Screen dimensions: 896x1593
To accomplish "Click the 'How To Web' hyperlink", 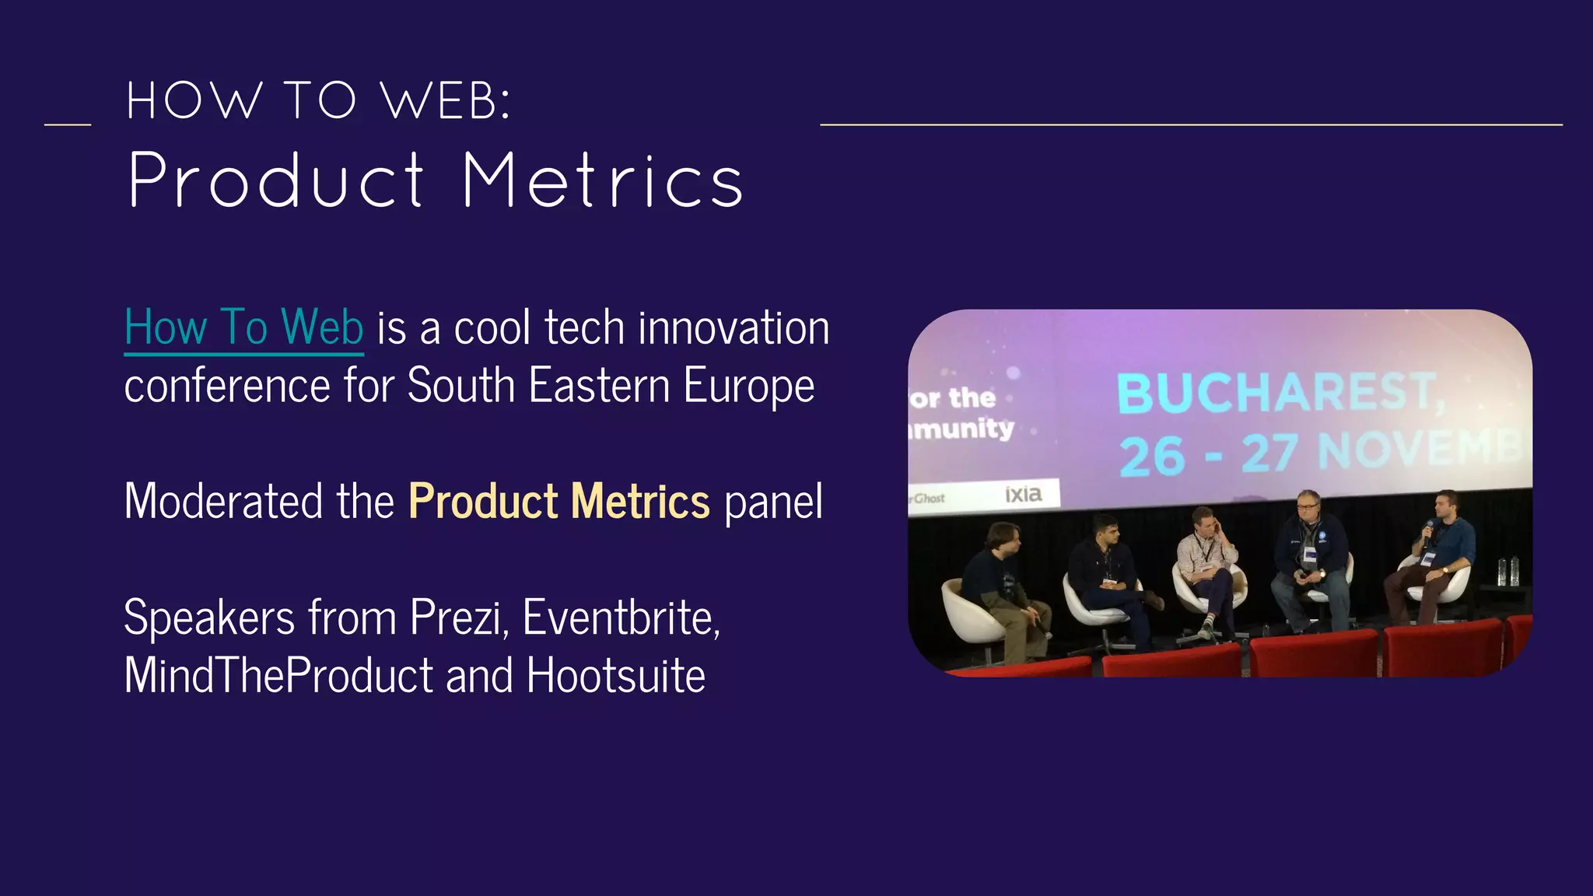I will tap(243, 327).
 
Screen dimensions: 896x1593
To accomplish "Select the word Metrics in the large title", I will tap(603, 181).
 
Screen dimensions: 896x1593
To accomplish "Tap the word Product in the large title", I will tap(277, 181).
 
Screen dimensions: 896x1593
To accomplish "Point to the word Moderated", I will tap(222, 502).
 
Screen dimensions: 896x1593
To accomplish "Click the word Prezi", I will tap(459, 618).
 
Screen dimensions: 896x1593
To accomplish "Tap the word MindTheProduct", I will tap(278, 676).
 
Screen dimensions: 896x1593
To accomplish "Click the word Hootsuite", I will tap(616, 676).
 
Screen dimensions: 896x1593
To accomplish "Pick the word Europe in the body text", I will tap(749, 387).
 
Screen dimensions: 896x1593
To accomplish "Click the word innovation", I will tap(733, 327).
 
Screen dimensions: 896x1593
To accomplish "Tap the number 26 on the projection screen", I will tap(1152, 456).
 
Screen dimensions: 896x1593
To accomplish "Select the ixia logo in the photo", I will tap(1023, 494).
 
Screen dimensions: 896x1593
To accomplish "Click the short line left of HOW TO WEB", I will tap(68, 124).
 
